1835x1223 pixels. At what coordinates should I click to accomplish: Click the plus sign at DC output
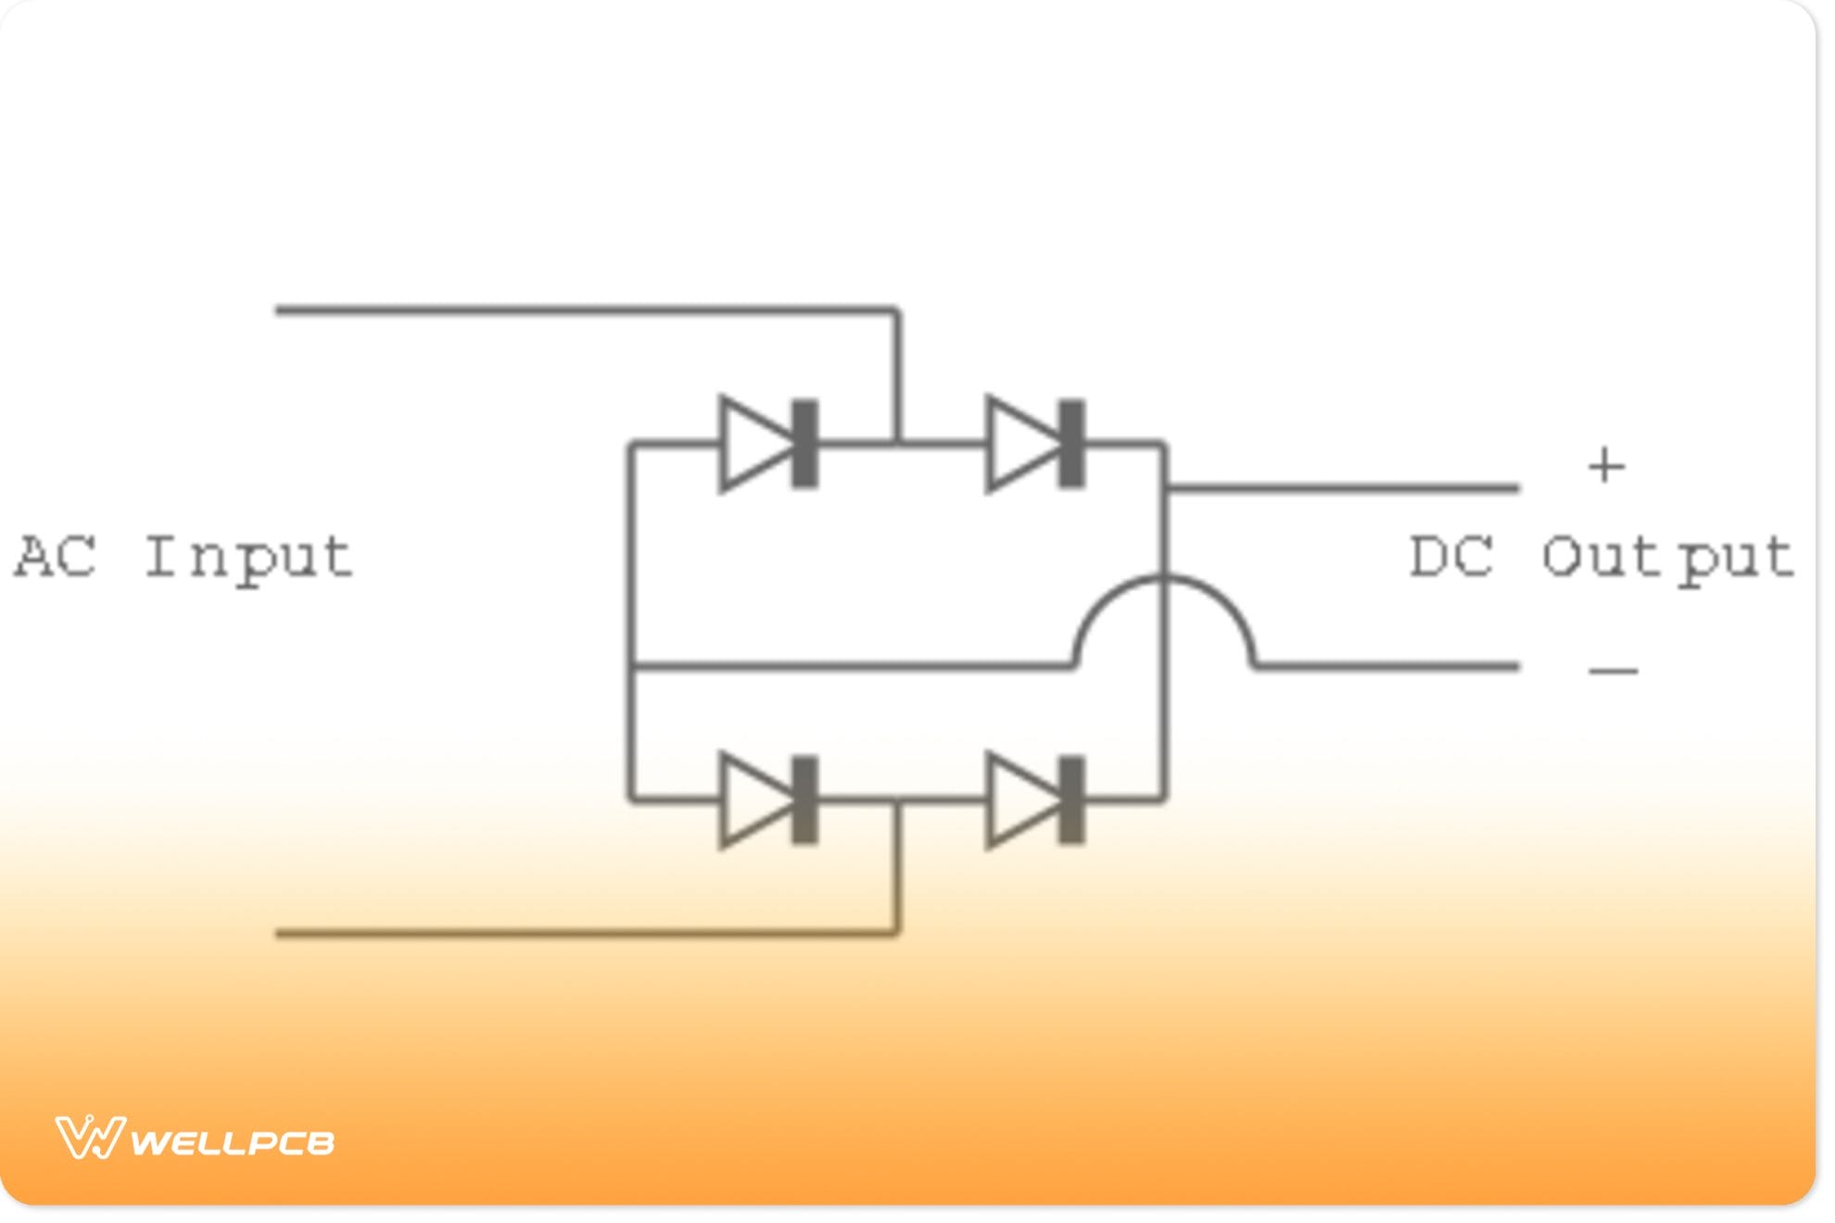[x=1606, y=465]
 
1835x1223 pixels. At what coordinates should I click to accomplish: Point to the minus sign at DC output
[x=1613, y=671]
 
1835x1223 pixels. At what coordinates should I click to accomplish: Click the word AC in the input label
[x=56, y=558]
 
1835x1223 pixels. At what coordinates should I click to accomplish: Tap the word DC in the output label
[x=1451, y=558]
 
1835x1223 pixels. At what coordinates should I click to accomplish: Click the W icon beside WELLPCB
[x=89, y=1138]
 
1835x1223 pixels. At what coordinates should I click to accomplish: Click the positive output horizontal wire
[x=1344, y=486]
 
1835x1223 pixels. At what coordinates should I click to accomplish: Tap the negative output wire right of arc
[x=1390, y=665]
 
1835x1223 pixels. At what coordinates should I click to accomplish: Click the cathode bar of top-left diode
[x=805, y=445]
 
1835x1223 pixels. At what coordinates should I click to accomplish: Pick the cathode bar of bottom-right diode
[x=1072, y=801]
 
